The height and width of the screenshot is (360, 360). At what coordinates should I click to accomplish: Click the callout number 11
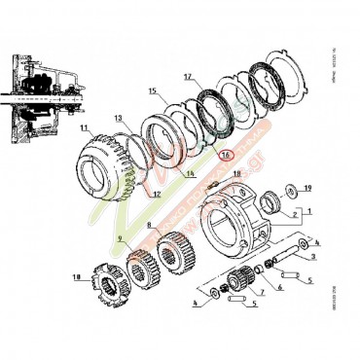[x=85, y=127]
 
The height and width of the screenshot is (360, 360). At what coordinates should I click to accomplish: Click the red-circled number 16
[x=226, y=154]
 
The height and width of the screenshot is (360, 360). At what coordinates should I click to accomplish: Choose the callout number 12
[x=155, y=193]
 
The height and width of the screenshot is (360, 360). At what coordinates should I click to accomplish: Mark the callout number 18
[x=234, y=172]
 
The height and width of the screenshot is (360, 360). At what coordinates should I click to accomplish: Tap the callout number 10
[x=76, y=276]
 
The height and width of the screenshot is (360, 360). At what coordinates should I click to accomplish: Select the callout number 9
[x=120, y=239]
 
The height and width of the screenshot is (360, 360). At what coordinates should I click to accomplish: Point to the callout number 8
[x=151, y=226]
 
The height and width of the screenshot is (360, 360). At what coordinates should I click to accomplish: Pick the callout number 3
[x=313, y=257]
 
